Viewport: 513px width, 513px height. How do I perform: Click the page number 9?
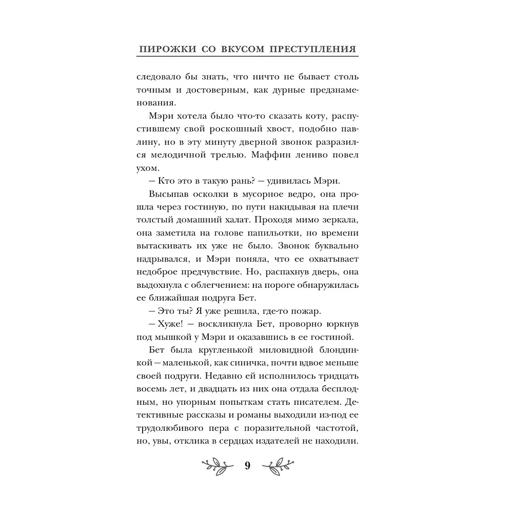coord(248,466)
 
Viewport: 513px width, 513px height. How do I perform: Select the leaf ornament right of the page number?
coord(278,466)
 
